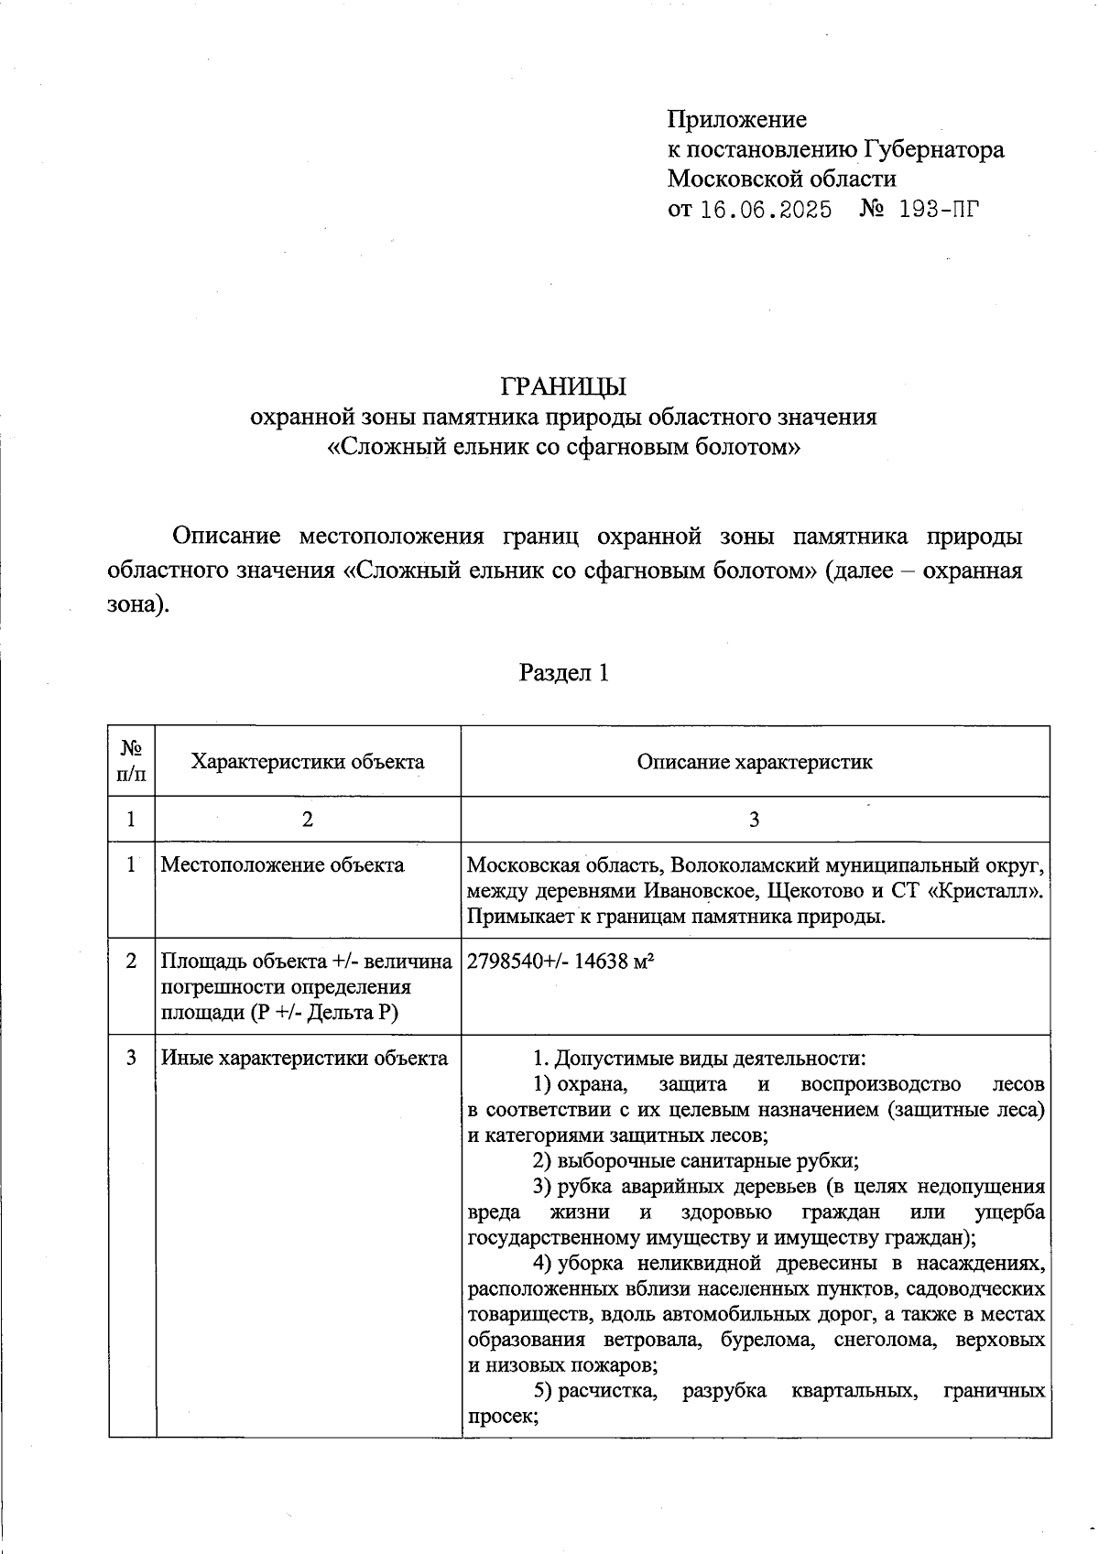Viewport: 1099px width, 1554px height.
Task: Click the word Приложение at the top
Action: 736,119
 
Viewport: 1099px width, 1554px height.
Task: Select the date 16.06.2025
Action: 766,210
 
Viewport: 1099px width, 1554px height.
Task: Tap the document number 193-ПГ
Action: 939,210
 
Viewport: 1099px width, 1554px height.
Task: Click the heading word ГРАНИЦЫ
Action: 563,386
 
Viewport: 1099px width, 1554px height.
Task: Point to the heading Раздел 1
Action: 563,673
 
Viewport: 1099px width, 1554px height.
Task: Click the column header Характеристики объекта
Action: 308,762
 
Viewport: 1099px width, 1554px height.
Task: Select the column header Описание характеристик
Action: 755,762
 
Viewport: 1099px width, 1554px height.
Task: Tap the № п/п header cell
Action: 131,762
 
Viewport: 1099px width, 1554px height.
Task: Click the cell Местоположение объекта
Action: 282,864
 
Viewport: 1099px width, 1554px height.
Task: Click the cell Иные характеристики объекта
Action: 305,1058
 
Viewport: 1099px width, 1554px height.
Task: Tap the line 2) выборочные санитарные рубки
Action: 695,1161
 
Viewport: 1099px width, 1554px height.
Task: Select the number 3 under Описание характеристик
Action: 754,820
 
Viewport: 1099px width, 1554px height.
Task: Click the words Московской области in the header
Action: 781,179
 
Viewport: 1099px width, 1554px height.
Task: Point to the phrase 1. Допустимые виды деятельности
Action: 699,1059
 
